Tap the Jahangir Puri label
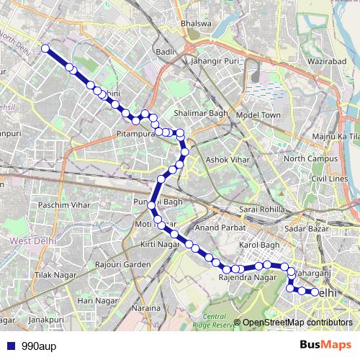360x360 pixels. pos(215,61)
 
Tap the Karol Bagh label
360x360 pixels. pos(258,246)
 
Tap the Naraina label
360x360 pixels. pos(145,308)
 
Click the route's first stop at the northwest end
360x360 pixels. pos(45,48)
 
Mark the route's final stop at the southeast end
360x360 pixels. pos(315,292)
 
